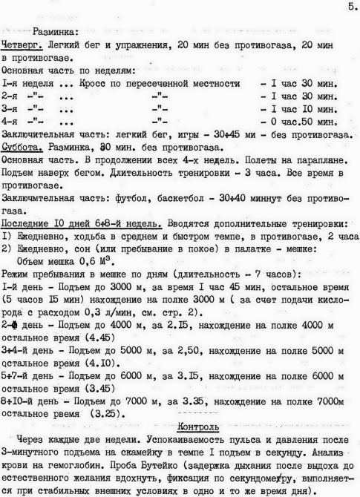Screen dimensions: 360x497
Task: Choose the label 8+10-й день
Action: tap(30, 402)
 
